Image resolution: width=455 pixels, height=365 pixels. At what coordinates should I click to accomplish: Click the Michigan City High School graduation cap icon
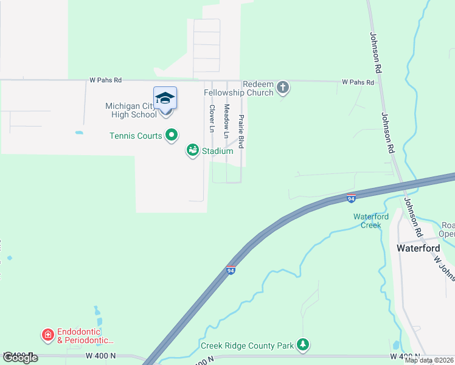point(165,98)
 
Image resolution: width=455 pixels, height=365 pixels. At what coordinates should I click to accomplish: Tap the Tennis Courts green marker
point(172,135)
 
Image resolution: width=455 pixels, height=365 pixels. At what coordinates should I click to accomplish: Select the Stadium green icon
point(193,150)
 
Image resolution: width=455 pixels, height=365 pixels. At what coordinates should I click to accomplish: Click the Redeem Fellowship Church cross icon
point(282,88)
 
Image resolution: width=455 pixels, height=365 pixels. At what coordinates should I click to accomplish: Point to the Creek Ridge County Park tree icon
point(303,346)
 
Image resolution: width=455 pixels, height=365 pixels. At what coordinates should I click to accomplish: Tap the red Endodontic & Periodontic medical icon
point(47,335)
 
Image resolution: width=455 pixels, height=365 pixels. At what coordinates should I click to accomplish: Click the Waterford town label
point(417,248)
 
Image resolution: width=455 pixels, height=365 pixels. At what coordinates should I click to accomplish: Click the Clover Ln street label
point(212,119)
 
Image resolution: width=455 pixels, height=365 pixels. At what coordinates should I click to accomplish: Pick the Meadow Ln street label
point(227,120)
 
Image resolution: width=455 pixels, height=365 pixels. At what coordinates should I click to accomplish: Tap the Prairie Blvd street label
point(241,131)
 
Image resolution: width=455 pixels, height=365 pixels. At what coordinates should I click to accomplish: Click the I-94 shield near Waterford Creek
point(351,198)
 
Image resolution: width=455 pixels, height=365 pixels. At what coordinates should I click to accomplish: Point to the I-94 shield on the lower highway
point(231,270)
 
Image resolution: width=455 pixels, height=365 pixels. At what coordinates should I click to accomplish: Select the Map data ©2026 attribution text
point(429,360)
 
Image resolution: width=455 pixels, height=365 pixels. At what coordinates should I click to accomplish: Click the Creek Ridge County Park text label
point(247,346)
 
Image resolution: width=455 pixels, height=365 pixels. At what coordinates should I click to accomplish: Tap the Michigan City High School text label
point(130,110)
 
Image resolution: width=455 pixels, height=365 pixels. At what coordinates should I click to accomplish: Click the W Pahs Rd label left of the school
point(105,80)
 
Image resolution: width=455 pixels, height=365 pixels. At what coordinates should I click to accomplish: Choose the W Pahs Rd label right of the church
point(357,81)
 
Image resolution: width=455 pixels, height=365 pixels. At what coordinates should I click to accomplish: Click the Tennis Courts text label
point(136,136)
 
